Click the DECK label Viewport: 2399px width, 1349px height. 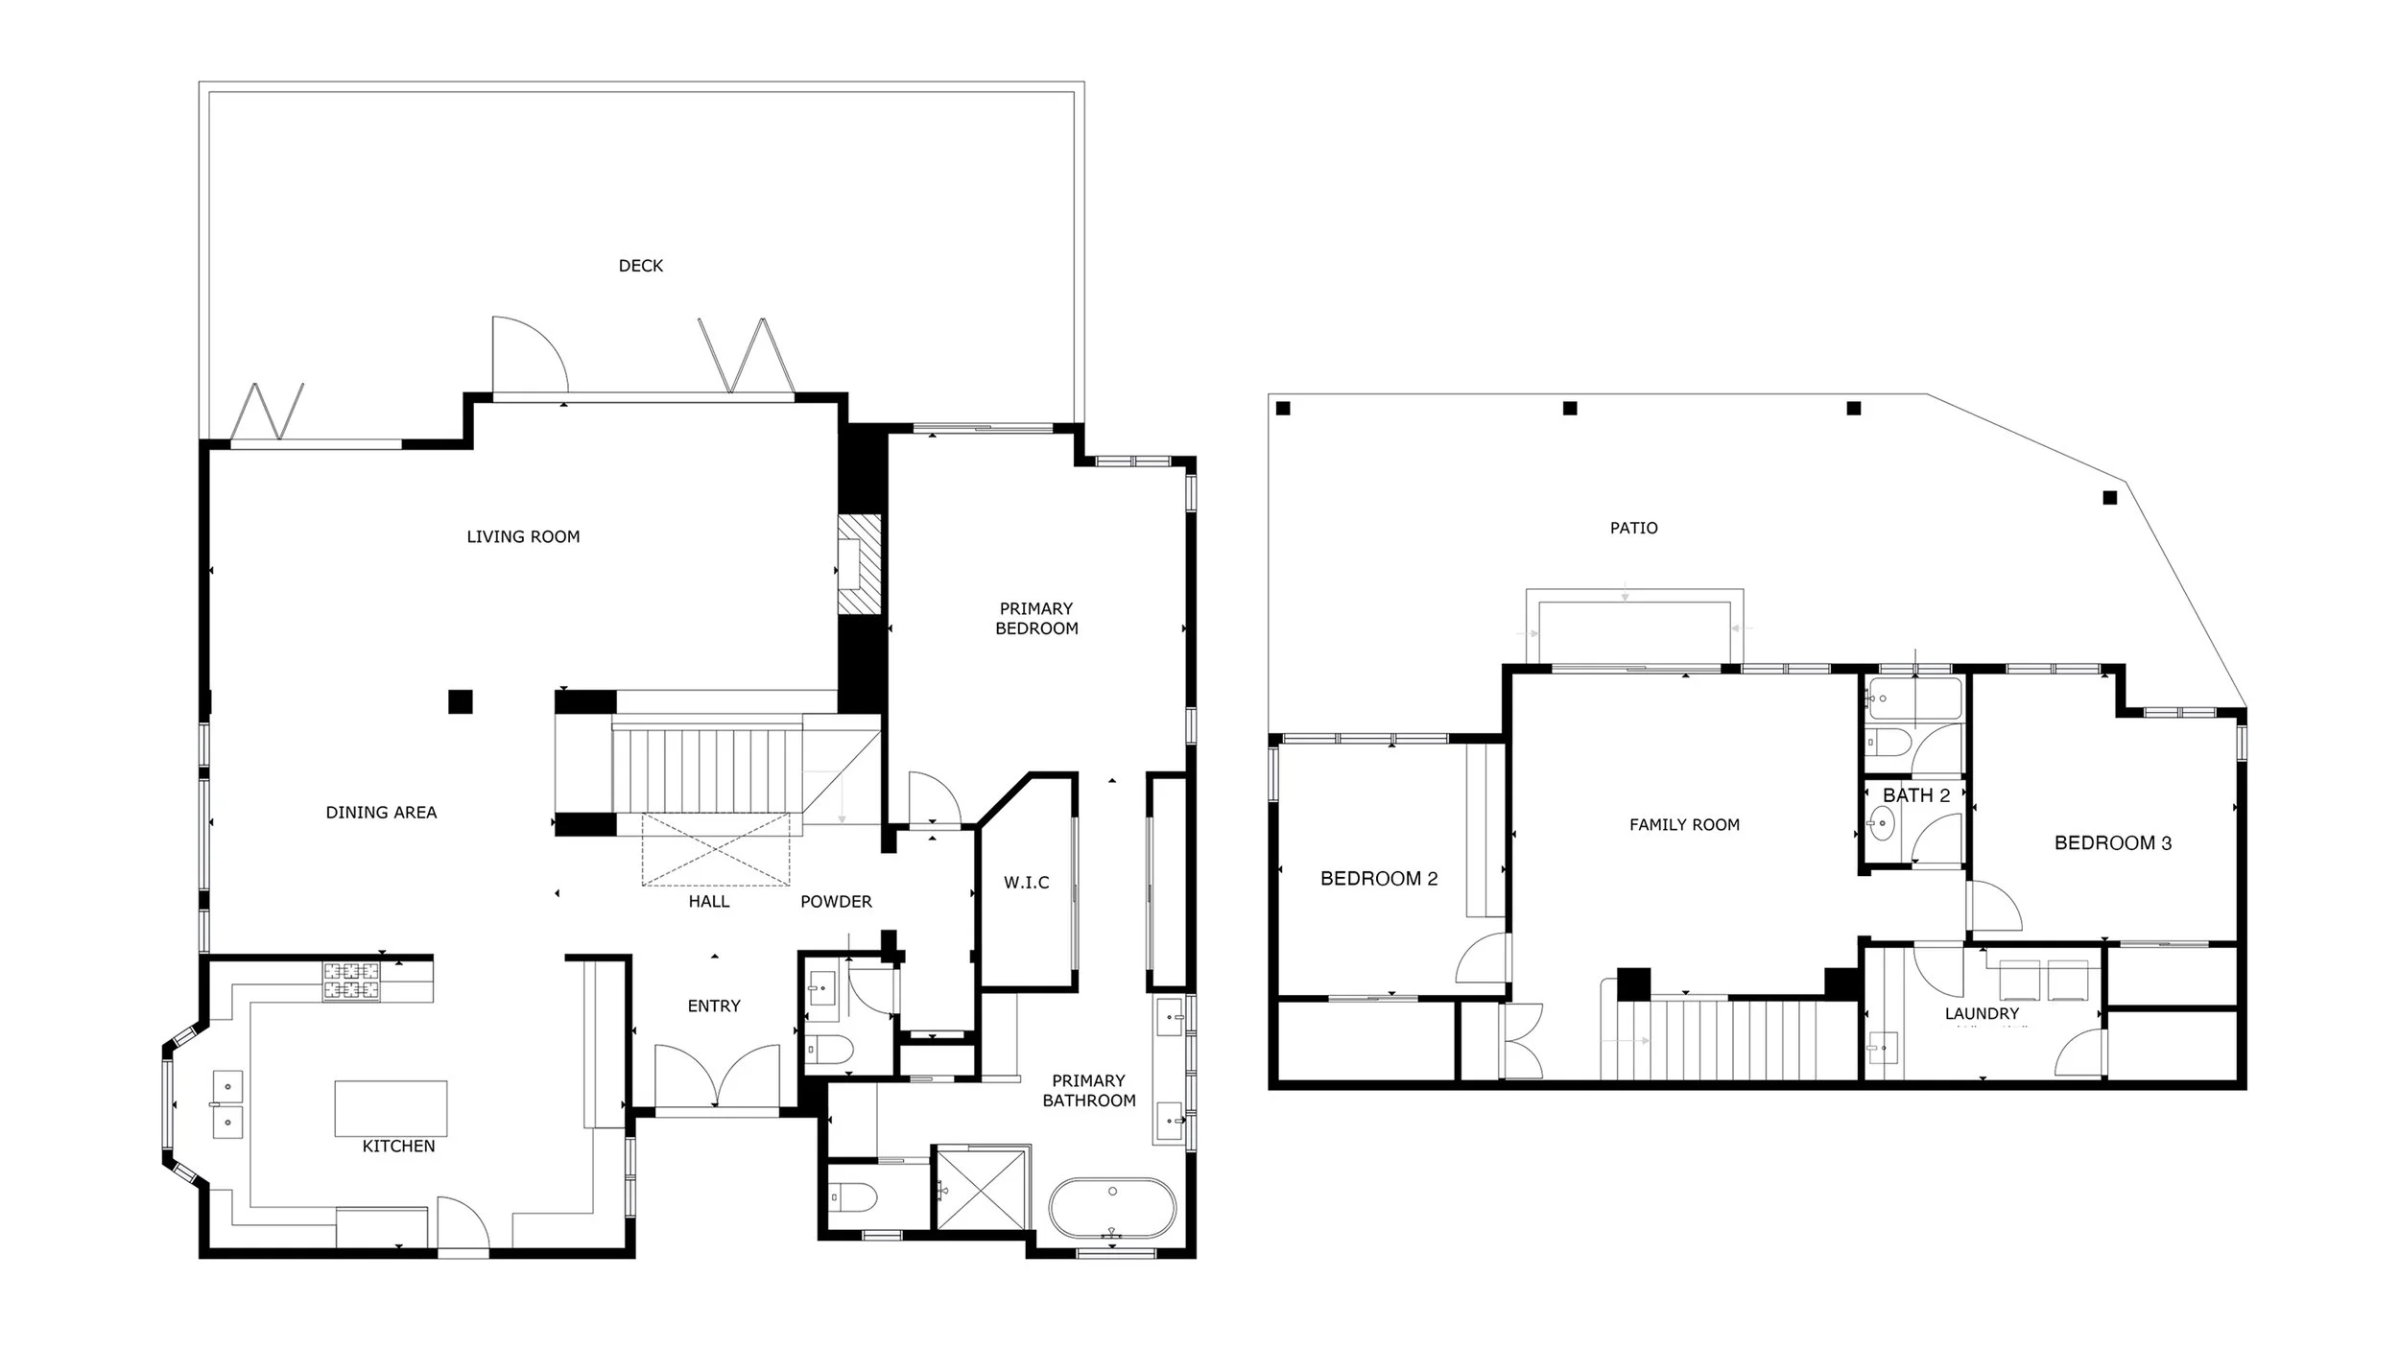tap(641, 266)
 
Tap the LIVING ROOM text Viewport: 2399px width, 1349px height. tap(523, 537)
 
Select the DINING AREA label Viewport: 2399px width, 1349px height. tap(381, 813)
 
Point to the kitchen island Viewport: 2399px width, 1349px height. tap(391, 1108)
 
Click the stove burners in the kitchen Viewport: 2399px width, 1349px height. tap(350, 982)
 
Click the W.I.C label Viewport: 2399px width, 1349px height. tap(1027, 883)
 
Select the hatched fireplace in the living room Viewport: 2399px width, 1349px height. tap(859, 564)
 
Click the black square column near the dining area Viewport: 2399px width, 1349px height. tap(461, 701)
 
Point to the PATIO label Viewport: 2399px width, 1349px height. tap(1634, 528)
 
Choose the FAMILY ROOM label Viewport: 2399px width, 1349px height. tap(1684, 825)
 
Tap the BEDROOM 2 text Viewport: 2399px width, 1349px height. tap(1379, 879)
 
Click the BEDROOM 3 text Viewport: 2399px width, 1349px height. tap(2113, 843)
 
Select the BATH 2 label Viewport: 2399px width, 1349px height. tap(1916, 795)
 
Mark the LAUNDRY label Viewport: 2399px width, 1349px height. tap(1982, 1013)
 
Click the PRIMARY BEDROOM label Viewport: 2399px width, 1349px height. tap(1036, 619)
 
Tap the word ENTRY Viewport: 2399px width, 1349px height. tap(714, 1006)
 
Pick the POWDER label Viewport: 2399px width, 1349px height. tap(836, 902)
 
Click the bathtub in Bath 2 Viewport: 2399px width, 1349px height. tap(1914, 699)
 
